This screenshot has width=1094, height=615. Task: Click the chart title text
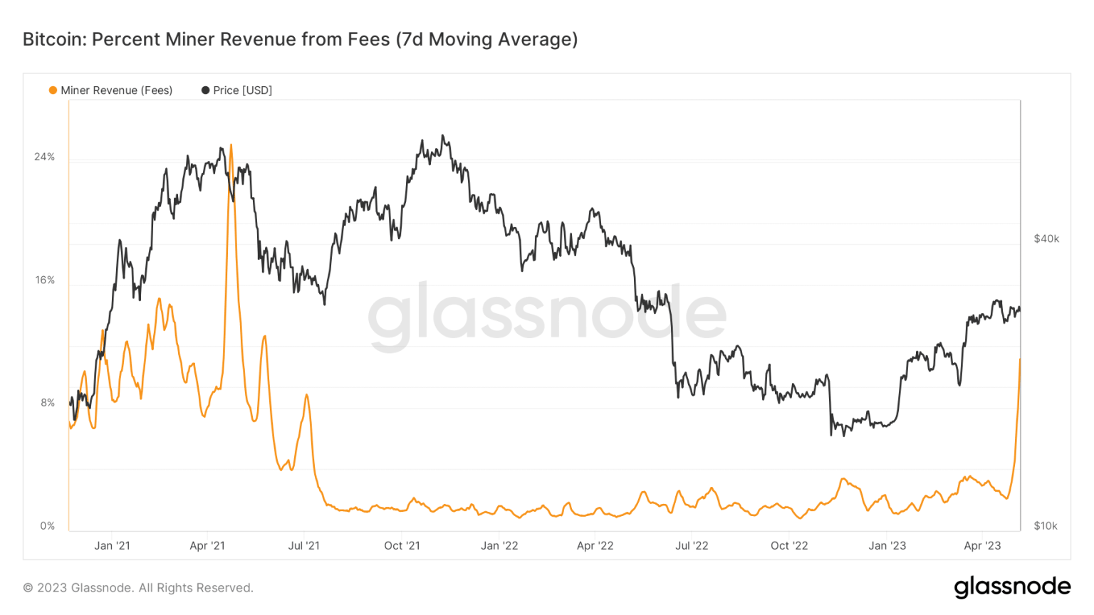click(x=300, y=39)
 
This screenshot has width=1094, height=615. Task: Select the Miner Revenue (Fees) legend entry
click(x=116, y=90)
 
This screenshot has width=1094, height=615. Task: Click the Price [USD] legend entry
click(x=242, y=90)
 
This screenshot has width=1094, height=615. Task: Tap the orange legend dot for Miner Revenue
click(x=53, y=90)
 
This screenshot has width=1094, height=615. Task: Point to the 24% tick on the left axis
click(x=44, y=157)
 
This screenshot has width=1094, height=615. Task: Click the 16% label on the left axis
click(x=45, y=280)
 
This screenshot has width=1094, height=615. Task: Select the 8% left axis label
click(x=47, y=403)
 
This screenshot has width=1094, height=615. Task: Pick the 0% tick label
click(x=47, y=526)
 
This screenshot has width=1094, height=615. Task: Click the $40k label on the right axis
click(x=1046, y=238)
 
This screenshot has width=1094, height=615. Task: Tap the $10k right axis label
click(x=1046, y=526)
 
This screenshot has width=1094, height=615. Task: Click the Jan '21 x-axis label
click(x=112, y=546)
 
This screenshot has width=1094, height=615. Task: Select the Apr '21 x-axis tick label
click(x=207, y=546)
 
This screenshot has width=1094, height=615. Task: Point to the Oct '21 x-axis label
click(x=402, y=546)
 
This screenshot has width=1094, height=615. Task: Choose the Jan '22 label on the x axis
click(x=499, y=546)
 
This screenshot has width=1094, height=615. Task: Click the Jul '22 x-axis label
click(x=692, y=546)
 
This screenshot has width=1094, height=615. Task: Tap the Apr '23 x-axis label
click(x=982, y=546)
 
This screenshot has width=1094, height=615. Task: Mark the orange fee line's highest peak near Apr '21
click(x=231, y=145)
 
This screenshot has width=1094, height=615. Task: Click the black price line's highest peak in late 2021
click(x=443, y=135)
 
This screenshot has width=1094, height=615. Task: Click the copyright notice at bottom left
click(x=138, y=588)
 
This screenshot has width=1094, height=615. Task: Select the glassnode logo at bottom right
click(x=1012, y=587)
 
